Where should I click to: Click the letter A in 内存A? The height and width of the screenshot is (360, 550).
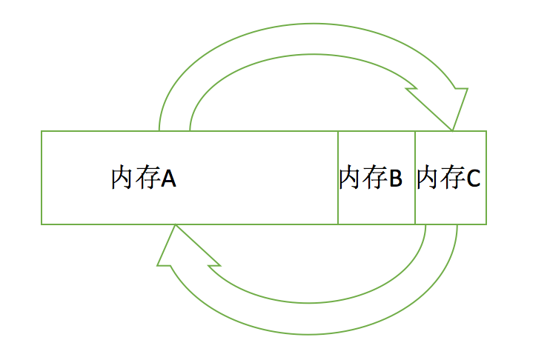[x=168, y=179]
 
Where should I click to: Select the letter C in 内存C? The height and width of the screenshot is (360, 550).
[x=473, y=179]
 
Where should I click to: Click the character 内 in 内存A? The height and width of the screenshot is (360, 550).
[x=122, y=179]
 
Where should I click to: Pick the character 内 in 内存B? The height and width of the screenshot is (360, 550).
[x=351, y=179]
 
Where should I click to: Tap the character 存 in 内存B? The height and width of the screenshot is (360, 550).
[x=374, y=179]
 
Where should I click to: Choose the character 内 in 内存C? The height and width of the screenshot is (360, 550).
[x=428, y=179]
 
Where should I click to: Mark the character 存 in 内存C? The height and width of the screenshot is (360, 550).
[x=451, y=179]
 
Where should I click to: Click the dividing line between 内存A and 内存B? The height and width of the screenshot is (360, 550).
[x=338, y=200]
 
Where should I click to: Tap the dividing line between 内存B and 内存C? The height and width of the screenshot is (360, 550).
[x=415, y=200]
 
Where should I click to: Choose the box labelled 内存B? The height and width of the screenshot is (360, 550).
[x=377, y=207]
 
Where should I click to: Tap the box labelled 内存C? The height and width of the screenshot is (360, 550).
[x=451, y=207]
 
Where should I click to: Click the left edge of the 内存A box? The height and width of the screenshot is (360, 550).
[x=42, y=178]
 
